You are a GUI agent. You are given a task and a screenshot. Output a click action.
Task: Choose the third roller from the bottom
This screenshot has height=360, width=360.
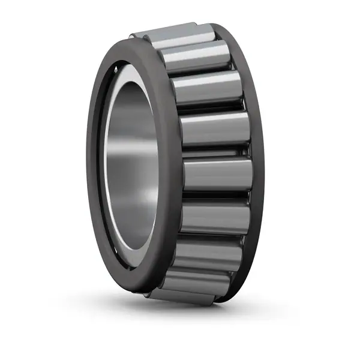pyautogui.click(x=207, y=252)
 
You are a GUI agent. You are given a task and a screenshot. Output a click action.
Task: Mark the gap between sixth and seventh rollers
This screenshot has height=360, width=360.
pyautogui.click(x=214, y=235)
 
